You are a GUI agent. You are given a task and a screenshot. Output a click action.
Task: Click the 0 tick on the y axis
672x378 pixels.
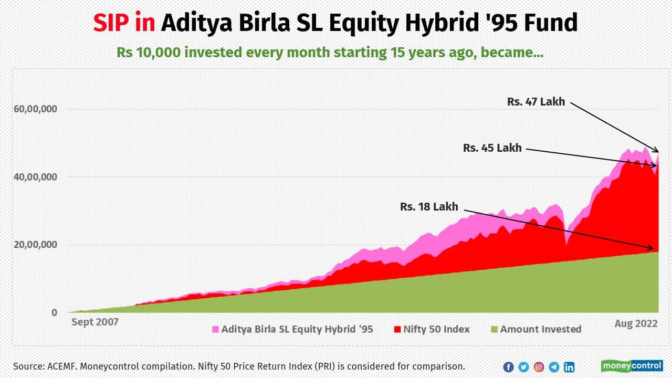coord(54,313)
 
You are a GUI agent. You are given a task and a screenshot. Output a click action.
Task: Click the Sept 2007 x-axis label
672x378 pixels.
coord(95,322)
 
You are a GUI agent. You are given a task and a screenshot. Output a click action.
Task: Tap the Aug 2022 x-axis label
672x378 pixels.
coord(636,324)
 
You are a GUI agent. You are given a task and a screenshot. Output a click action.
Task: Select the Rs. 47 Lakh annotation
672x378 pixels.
coord(536,102)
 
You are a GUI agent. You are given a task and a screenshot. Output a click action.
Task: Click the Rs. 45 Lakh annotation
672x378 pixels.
coord(492,148)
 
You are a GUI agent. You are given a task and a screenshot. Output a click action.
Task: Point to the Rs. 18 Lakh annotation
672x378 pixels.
coord(429,207)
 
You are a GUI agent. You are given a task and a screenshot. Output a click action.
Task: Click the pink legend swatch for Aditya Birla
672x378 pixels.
coord(215,330)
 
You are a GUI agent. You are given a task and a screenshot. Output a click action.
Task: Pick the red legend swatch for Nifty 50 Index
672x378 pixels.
coord(397,330)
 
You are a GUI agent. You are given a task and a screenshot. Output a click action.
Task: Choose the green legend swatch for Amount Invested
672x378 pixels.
coord(494,330)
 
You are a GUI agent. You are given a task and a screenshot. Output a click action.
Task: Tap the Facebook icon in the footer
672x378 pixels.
coord(508,367)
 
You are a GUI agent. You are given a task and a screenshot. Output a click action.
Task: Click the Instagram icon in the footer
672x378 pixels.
coord(539,367)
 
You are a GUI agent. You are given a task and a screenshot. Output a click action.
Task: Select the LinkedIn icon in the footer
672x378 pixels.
coord(569,367)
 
